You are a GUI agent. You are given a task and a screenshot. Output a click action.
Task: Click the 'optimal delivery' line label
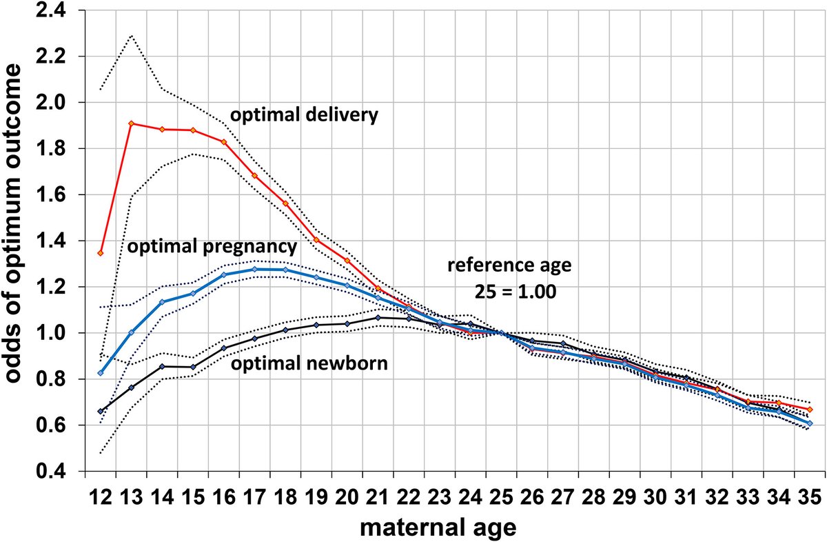304,115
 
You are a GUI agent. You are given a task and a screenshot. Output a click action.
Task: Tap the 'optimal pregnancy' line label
212,246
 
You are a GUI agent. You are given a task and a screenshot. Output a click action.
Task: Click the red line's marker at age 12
101,253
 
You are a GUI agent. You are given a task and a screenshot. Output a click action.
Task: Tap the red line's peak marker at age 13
132,123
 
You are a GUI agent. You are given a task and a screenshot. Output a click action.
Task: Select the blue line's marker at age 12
101,373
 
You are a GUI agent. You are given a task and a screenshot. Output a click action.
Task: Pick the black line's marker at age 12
101,412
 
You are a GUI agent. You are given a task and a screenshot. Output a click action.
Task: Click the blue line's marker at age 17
255,270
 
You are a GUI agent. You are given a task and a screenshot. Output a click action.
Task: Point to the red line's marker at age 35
810,410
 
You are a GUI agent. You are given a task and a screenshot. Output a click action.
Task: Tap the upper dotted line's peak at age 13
131,34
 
